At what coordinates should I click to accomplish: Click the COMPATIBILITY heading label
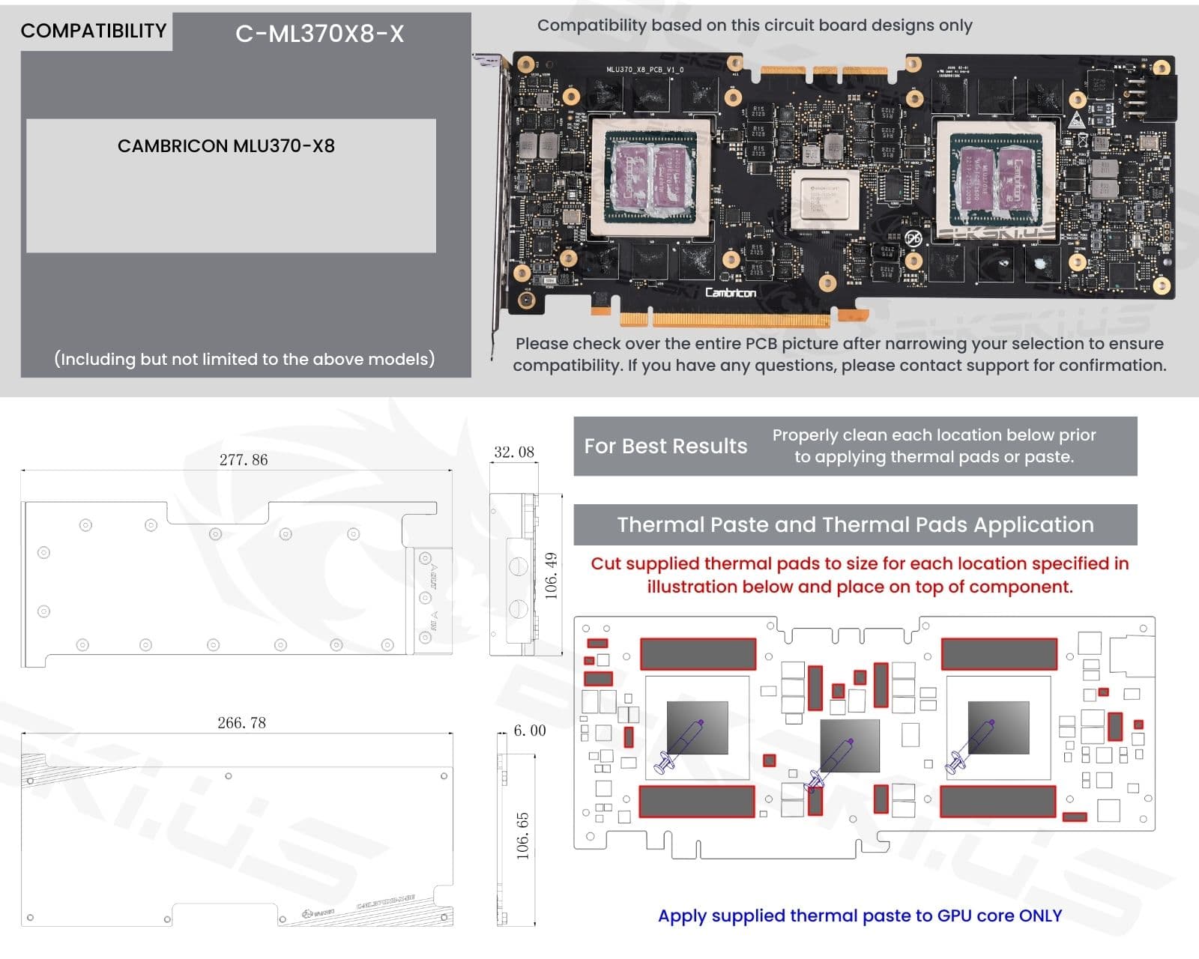(x=94, y=31)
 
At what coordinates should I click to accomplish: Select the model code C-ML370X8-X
(x=319, y=34)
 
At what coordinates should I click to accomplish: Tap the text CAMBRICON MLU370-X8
(x=226, y=145)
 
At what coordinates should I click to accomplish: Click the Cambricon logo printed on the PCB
(x=730, y=292)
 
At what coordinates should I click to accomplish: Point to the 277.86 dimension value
(x=243, y=459)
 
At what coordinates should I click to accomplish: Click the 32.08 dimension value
(x=514, y=452)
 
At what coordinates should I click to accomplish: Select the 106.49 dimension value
(x=552, y=575)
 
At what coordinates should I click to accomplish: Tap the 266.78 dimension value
(x=241, y=722)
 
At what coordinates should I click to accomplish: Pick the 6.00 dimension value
(x=529, y=730)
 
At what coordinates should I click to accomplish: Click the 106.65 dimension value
(x=522, y=835)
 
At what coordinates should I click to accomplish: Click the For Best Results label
(x=665, y=446)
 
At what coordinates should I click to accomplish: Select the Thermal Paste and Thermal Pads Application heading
(x=855, y=524)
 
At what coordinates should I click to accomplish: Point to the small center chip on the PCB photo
(x=824, y=195)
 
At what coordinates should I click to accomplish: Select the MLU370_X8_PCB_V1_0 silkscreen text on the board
(x=644, y=70)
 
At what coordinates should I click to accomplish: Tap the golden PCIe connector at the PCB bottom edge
(x=724, y=320)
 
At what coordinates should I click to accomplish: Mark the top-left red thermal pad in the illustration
(x=597, y=643)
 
